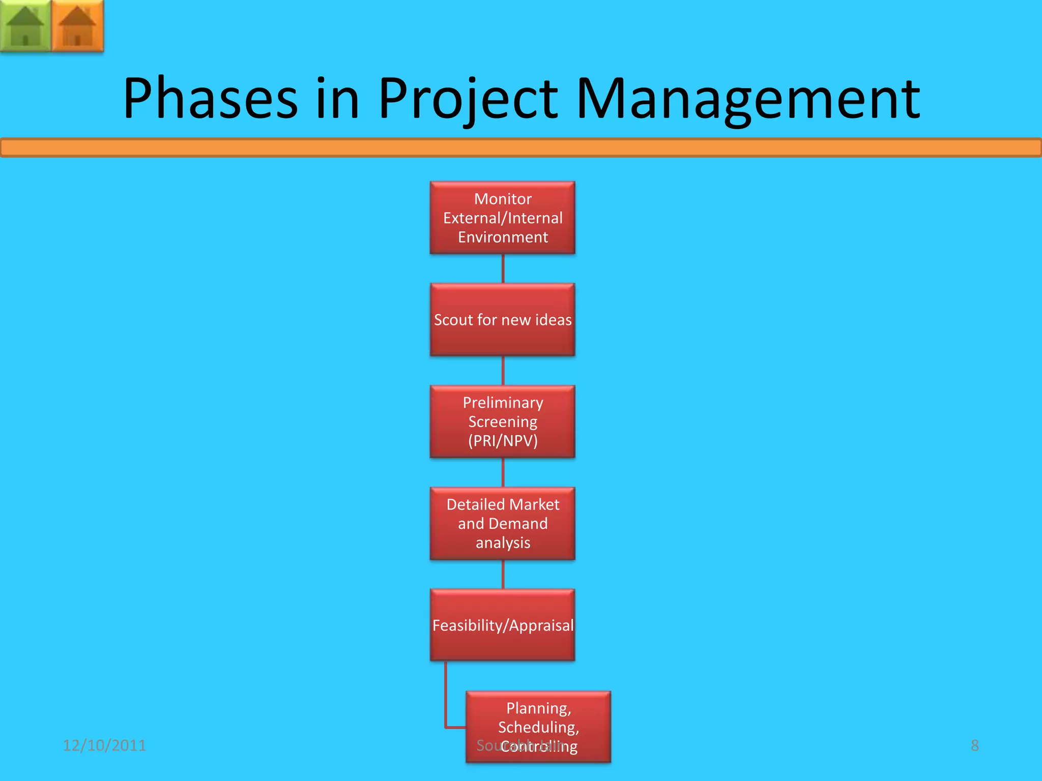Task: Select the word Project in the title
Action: (468, 99)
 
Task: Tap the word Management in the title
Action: (748, 99)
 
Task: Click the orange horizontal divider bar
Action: (521, 148)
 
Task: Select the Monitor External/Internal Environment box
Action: (503, 218)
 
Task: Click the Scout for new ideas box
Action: (503, 320)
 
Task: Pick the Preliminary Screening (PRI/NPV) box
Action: (503, 422)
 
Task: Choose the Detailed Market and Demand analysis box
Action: (503, 524)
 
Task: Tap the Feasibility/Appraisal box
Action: (503, 625)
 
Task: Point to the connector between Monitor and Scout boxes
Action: (503, 268)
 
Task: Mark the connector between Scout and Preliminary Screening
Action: (503, 371)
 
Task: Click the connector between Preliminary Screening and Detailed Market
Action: (503, 473)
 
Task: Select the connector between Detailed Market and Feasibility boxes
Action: (503, 575)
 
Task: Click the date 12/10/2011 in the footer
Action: (104, 745)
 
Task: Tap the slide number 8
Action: (974, 745)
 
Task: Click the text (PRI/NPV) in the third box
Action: (503, 441)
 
